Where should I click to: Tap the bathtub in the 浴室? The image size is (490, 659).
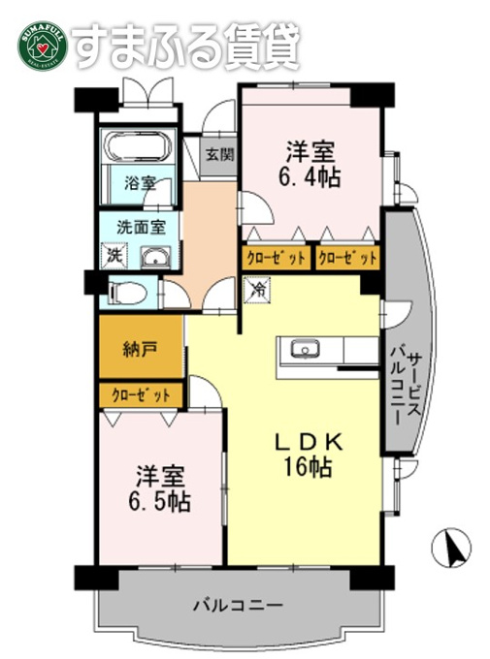point(138,146)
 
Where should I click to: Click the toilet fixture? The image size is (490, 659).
point(127,293)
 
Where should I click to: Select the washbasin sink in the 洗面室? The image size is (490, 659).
point(155,258)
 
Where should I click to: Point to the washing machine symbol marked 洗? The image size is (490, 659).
point(114,255)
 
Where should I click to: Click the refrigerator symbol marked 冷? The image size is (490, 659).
point(257,289)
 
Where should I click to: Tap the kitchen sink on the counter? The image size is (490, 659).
point(306,349)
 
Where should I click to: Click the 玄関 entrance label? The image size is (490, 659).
point(219,155)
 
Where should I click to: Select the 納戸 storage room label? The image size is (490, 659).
point(140,349)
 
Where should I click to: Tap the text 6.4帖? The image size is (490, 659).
point(309,177)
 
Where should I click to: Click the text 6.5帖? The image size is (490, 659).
point(159,501)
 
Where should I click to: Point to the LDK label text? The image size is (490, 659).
point(309,442)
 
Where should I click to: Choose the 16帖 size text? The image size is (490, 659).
point(309,466)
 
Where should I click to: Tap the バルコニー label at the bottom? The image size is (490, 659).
point(238,606)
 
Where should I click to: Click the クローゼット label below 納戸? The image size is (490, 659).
point(141,395)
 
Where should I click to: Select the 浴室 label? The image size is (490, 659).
point(140,183)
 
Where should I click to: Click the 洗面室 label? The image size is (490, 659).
point(142,228)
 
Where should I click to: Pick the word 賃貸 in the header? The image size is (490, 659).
point(262,46)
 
